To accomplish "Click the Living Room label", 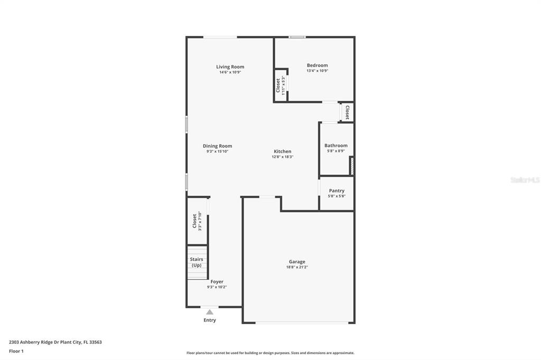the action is tap(230, 67).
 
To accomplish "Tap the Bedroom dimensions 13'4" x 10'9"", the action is tap(318, 71).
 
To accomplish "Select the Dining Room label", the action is tap(217, 146).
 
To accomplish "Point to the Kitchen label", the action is tap(283, 151).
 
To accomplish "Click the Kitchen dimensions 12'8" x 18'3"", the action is tap(283, 157).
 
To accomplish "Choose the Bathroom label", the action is tap(336, 146).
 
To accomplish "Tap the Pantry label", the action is tap(337, 191).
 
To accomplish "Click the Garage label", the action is tap(297, 262).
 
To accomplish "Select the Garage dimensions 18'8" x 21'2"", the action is tap(297, 267).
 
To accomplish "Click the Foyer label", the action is tap(217, 282).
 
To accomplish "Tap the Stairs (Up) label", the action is tap(197, 262).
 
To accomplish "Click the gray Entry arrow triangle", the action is tap(210, 312).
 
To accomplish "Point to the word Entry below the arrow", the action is tap(210, 320).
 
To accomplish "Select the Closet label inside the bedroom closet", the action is tap(278, 86).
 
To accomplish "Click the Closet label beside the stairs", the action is tap(194, 221).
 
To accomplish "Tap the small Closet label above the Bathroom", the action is tap(348, 112).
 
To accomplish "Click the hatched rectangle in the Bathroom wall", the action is tap(352, 166).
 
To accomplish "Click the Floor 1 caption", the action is tap(16, 352).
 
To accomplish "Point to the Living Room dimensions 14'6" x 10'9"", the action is tap(230, 72).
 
